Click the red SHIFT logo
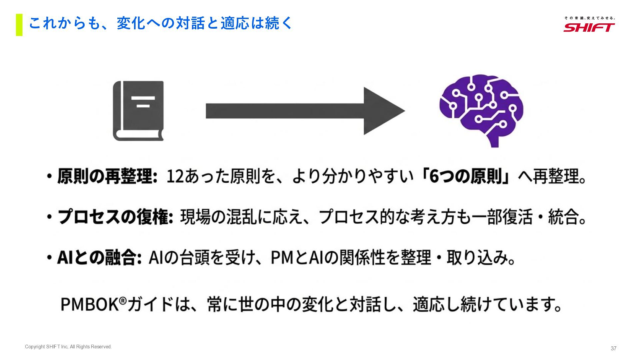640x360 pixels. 589,27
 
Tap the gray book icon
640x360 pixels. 138,111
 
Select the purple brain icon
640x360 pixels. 481,110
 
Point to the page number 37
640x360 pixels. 613,348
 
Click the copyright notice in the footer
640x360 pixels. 68,347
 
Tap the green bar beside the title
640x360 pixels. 19,25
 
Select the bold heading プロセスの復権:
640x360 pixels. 115,217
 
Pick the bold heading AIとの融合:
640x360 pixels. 99,258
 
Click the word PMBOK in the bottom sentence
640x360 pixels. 89,304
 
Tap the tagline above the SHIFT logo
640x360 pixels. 589,18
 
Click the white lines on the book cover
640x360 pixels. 143,102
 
